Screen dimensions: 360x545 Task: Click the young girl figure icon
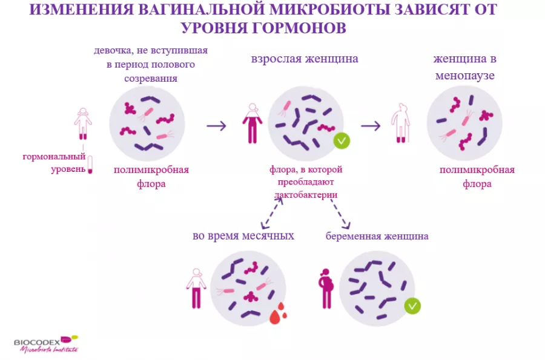83,123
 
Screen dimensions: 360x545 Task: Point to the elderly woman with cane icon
400,123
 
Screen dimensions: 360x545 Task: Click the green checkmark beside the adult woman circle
342,141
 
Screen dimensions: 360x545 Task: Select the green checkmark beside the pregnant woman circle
412,306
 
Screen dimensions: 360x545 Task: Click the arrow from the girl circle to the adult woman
216,126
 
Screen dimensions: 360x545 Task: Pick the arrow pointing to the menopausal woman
371,126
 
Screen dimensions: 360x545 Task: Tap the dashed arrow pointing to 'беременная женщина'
337,212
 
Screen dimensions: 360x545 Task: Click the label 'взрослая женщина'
305,59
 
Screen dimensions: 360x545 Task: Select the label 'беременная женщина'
377,236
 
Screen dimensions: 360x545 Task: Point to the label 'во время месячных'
243,235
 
